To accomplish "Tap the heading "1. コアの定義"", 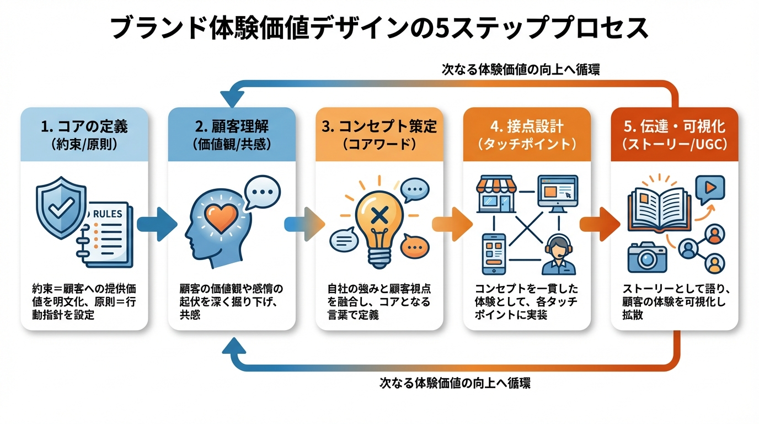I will pyautogui.click(x=84, y=126).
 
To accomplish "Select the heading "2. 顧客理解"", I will pyautogui.click(x=232, y=126).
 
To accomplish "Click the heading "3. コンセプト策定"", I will pyautogui.click(x=379, y=126).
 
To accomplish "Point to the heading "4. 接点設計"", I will pyautogui.click(x=527, y=126).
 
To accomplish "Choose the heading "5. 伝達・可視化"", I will pyautogui.click(x=674, y=126).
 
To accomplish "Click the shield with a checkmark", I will pyautogui.click(x=60, y=210).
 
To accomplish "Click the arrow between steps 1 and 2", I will pyautogui.click(x=157, y=224).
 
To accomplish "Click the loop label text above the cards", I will pyautogui.click(x=520, y=70).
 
